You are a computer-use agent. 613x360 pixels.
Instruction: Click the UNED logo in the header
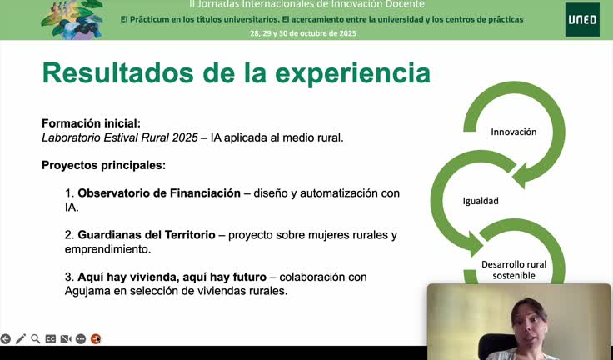pyautogui.click(x=581, y=20)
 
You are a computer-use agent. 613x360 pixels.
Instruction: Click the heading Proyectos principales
pyautogui.click(x=103, y=165)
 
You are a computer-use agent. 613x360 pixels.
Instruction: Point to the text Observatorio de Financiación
pyautogui.click(x=158, y=192)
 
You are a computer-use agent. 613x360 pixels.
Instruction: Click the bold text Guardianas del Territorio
pyautogui.click(x=146, y=235)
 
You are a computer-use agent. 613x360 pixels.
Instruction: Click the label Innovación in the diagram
pyautogui.click(x=513, y=132)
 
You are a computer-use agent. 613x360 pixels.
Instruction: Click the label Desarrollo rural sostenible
pyautogui.click(x=513, y=269)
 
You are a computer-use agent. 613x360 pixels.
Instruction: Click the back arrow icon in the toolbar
pyautogui.click(x=6, y=339)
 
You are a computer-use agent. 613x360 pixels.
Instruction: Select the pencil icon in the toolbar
pyautogui.click(x=21, y=339)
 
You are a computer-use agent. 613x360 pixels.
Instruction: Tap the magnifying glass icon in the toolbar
pyautogui.click(x=36, y=339)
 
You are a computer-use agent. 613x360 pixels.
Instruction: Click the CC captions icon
pyautogui.click(x=51, y=339)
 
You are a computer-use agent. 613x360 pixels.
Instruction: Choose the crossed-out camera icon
pyautogui.click(x=66, y=339)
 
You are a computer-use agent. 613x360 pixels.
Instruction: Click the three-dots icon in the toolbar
pyautogui.click(x=81, y=339)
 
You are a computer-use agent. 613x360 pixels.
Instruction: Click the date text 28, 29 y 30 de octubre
pyautogui.click(x=303, y=33)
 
